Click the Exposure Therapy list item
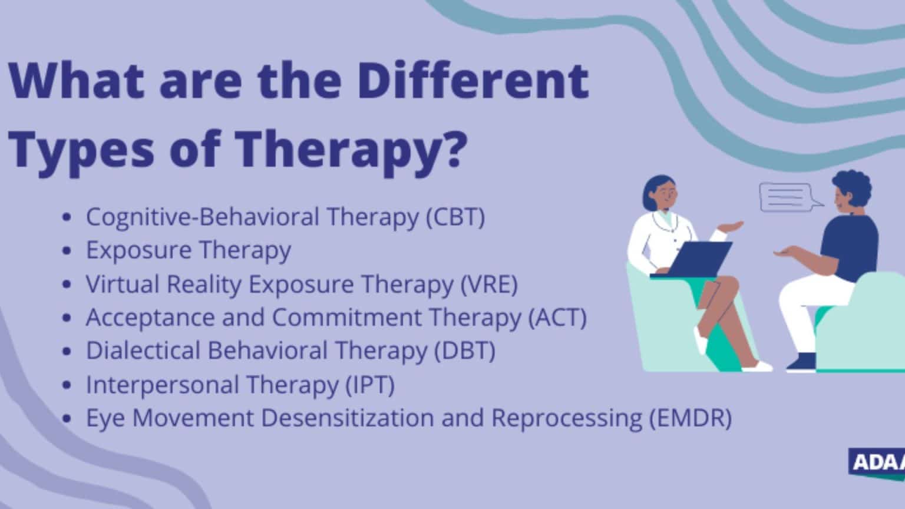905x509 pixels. [188, 250]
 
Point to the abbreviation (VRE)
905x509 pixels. [488, 284]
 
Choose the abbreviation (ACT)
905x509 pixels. [557, 318]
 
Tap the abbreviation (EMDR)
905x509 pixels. [690, 418]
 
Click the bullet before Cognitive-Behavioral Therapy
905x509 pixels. [67, 218]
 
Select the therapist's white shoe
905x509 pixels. [757, 366]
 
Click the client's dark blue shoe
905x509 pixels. [801, 362]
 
